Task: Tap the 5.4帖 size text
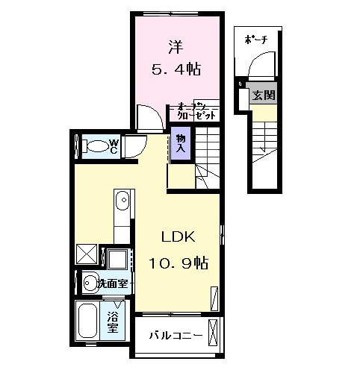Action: [x=176, y=69]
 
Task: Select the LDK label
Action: [x=179, y=238]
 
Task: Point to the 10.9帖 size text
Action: [x=179, y=263]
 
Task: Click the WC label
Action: [x=114, y=144]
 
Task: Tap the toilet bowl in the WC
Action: [x=93, y=145]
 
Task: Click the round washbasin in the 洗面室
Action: [x=90, y=283]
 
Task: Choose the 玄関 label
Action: [x=262, y=95]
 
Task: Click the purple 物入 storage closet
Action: [x=181, y=144]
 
